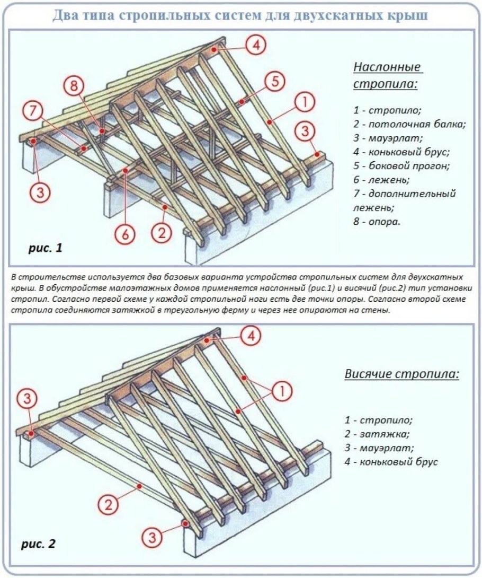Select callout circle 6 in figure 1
(125, 234)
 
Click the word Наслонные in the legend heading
(387, 67)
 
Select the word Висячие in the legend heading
(369, 374)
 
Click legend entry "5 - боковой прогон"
(401, 166)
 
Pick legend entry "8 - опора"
(377, 221)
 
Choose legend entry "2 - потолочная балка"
(409, 125)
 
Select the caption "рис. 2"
(38, 544)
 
